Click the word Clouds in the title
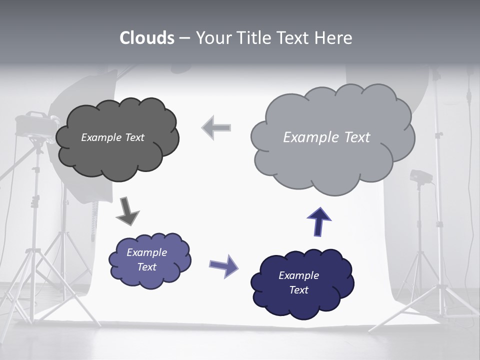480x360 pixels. click(x=146, y=38)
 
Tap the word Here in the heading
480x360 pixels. click(x=333, y=38)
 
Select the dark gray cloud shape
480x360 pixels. click(x=117, y=150)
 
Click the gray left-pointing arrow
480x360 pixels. click(x=216, y=128)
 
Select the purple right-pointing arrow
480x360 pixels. click(x=223, y=265)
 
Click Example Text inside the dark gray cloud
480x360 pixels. click(x=112, y=137)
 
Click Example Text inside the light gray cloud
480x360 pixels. click(x=326, y=137)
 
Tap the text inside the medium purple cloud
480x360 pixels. click(x=146, y=259)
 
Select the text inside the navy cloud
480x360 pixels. click(x=298, y=282)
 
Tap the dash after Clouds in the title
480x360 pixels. click(x=184, y=38)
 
